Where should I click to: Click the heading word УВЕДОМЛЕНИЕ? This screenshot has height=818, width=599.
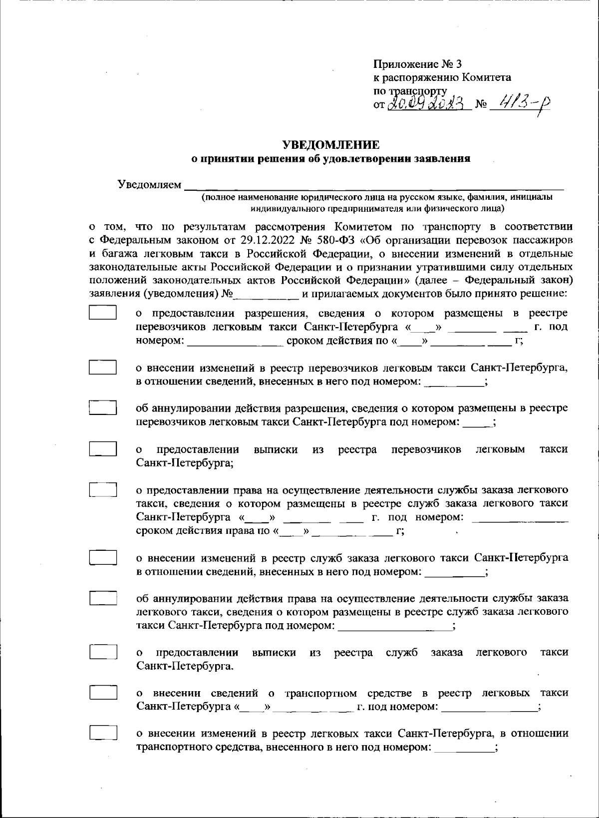pyautogui.click(x=331, y=145)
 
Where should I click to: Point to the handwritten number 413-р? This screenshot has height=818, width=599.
pyautogui.click(x=519, y=104)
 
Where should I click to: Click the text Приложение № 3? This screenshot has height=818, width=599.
pyautogui.click(x=417, y=64)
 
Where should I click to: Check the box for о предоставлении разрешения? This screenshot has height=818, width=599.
pyautogui.click(x=103, y=313)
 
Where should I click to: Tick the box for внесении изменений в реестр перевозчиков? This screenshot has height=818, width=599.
pyautogui.click(x=103, y=367)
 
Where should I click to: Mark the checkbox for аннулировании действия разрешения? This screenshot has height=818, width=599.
pyautogui.click(x=103, y=408)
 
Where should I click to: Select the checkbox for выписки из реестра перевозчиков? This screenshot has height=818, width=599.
pyautogui.click(x=103, y=448)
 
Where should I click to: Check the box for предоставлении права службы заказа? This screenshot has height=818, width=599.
pyautogui.click(x=103, y=489)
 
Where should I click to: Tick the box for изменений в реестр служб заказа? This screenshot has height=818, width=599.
pyautogui.click(x=103, y=557)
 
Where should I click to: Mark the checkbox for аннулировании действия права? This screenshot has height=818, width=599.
pyautogui.click(x=103, y=598)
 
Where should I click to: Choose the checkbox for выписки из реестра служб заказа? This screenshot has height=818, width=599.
pyautogui.click(x=103, y=652)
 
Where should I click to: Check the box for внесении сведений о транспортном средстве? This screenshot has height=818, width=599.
pyautogui.click(x=103, y=693)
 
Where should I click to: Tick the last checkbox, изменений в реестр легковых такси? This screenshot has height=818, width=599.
pyautogui.click(x=103, y=733)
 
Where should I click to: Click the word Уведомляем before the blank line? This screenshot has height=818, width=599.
pyautogui.click(x=149, y=185)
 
